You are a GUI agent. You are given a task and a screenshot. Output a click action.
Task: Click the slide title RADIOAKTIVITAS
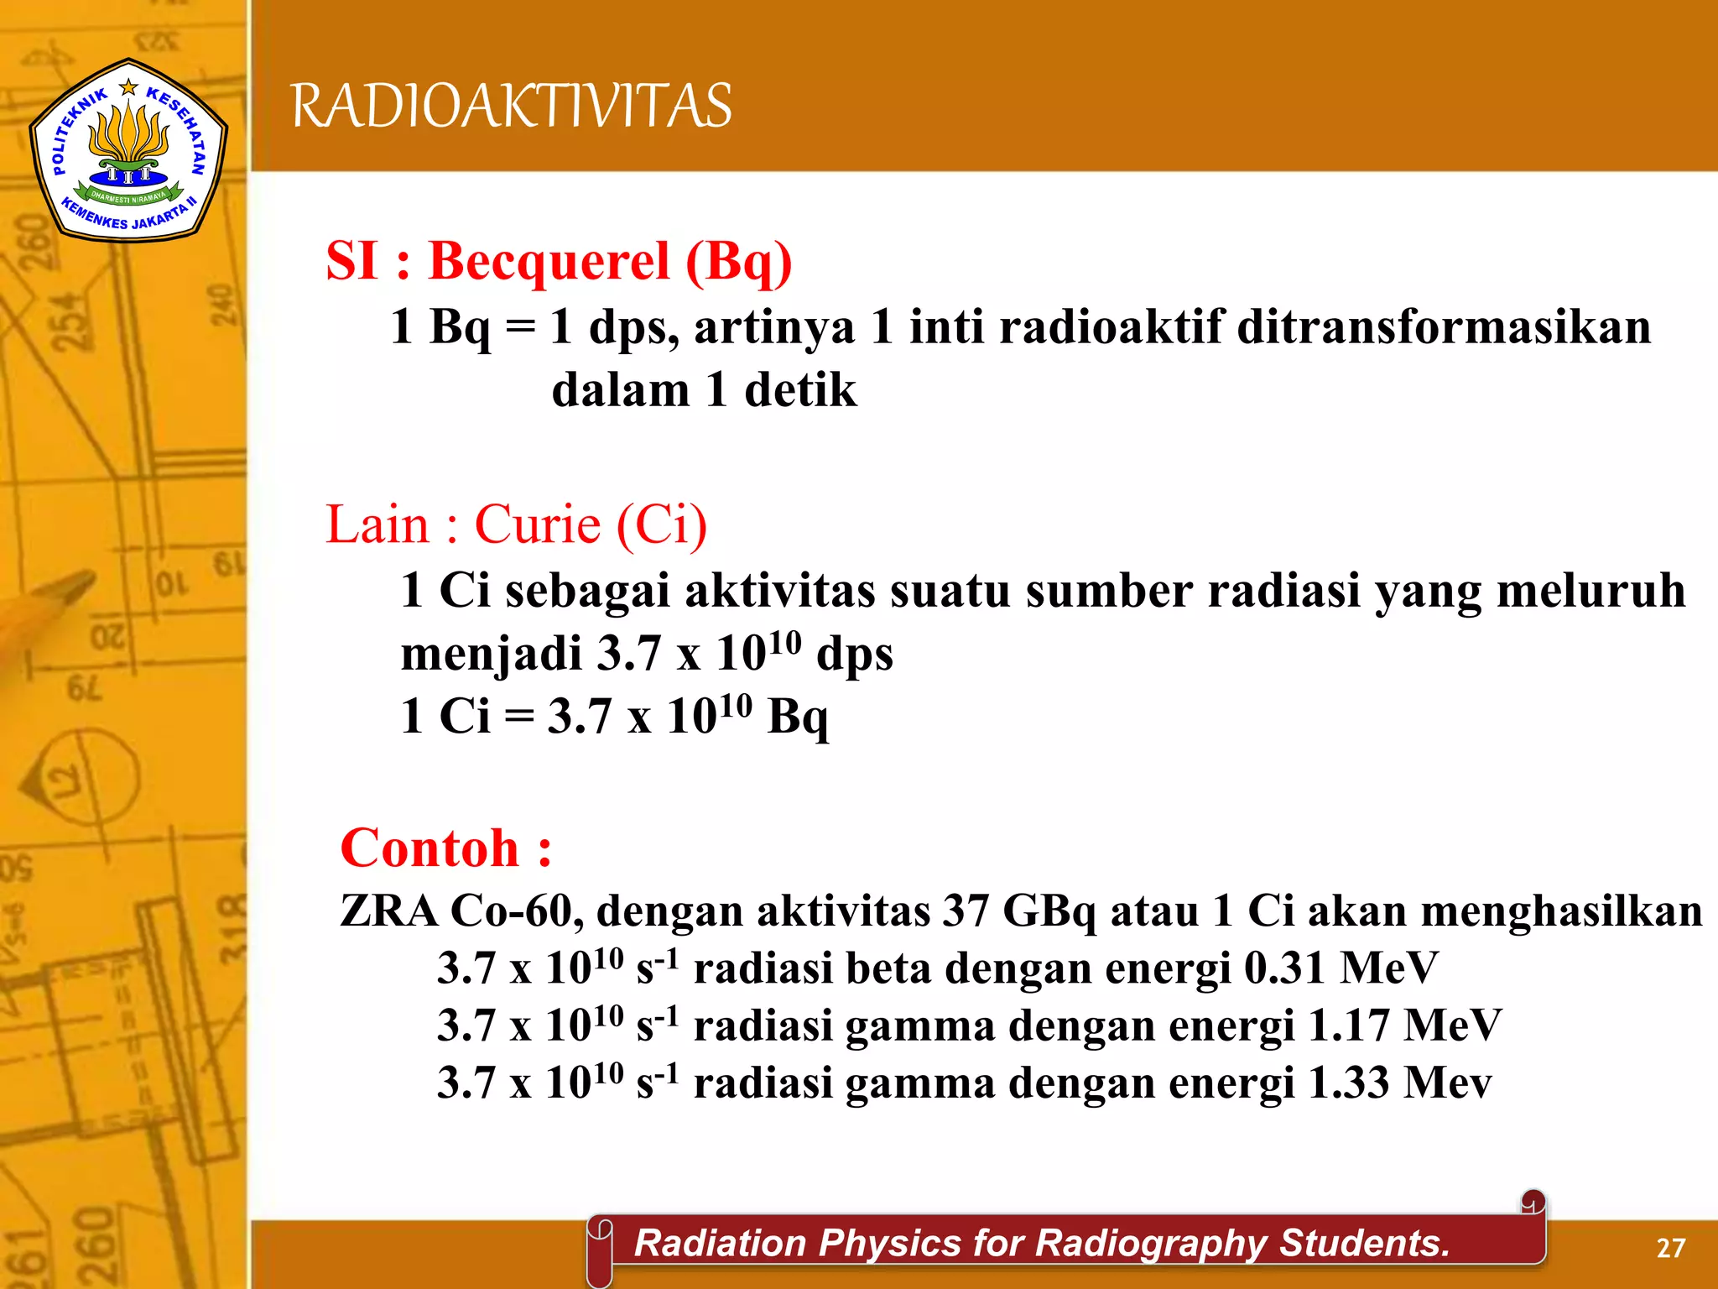pos(512,107)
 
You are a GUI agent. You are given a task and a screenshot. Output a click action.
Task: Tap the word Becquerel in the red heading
pos(549,261)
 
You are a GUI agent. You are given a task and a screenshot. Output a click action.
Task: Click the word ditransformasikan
pos(1444,326)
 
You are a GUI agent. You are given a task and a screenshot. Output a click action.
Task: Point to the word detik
pos(800,390)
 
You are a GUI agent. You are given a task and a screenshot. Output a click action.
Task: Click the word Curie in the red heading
pos(538,525)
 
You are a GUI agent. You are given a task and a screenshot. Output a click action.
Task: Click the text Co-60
pos(516,911)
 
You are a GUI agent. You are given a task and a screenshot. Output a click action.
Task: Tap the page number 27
pos(1670,1248)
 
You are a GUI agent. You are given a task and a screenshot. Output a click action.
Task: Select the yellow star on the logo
pos(128,86)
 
